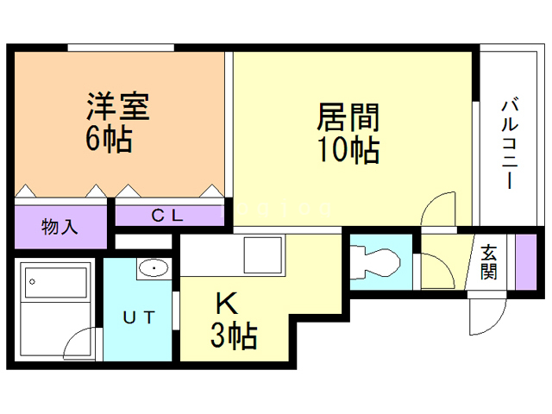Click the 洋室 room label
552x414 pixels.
click(x=118, y=106)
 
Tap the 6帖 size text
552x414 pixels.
click(x=110, y=138)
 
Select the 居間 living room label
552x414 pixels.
click(x=348, y=117)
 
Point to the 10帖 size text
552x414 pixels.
click(x=348, y=149)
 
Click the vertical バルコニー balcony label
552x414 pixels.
click(x=510, y=144)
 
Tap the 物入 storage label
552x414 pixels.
click(x=60, y=226)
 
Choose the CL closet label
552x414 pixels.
click(x=167, y=216)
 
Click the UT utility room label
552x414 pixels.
click(x=139, y=317)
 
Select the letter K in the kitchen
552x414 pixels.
click(x=227, y=304)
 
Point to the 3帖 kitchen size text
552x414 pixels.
click(x=234, y=336)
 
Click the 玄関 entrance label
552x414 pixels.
click(x=489, y=262)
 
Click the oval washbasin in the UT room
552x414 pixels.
click(x=154, y=268)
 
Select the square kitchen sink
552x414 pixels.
click(x=263, y=255)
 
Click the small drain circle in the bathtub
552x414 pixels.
click(x=33, y=282)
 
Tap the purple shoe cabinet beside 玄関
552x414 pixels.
click(x=526, y=261)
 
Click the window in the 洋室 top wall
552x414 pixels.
click(x=121, y=48)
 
